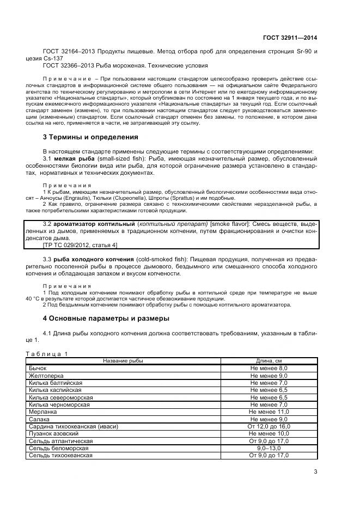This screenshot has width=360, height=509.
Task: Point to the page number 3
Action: (x=315, y=473)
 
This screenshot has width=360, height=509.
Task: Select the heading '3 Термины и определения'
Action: (x=90, y=137)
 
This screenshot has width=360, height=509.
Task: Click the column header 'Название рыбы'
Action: (x=123, y=361)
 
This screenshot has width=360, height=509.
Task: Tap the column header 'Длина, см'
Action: (x=269, y=361)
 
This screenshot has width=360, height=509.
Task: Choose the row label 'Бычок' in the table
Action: (x=38, y=369)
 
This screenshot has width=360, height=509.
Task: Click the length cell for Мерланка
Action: (x=269, y=412)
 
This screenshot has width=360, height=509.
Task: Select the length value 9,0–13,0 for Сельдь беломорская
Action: (x=269, y=448)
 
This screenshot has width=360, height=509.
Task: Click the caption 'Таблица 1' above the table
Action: (x=46, y=354)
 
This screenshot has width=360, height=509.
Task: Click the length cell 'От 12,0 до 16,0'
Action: (x=269, y=426)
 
